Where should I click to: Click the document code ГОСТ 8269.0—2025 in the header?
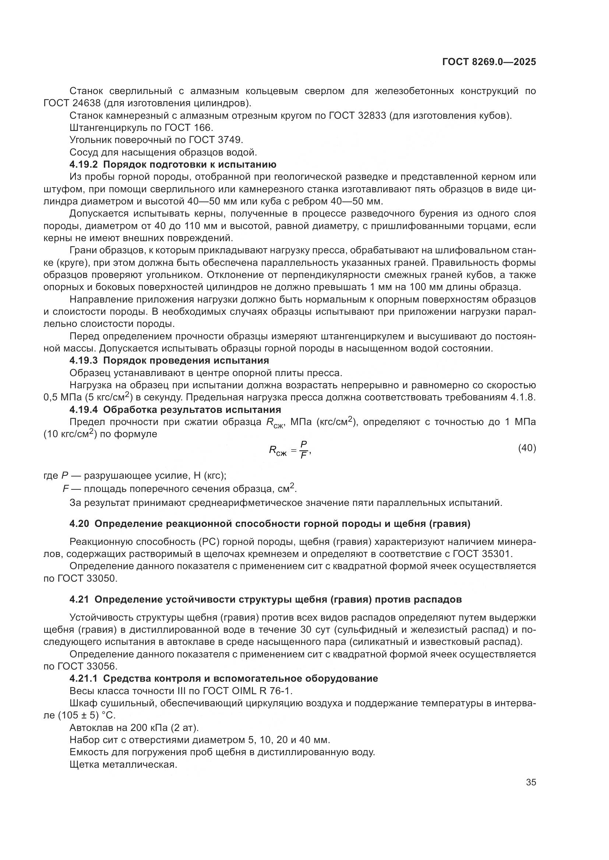pyautogui.click(x=489, y=62)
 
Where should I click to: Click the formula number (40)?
pyautogui.click(x=527, y=448)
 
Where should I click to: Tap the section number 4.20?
pyautogui.click(x=79, y=524)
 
